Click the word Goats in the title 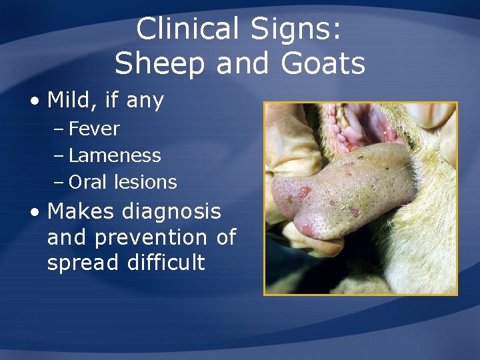tap(324, 65)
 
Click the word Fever tap(94, 129)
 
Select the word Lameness tap(115, 155)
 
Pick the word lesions tap(145, 182)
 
